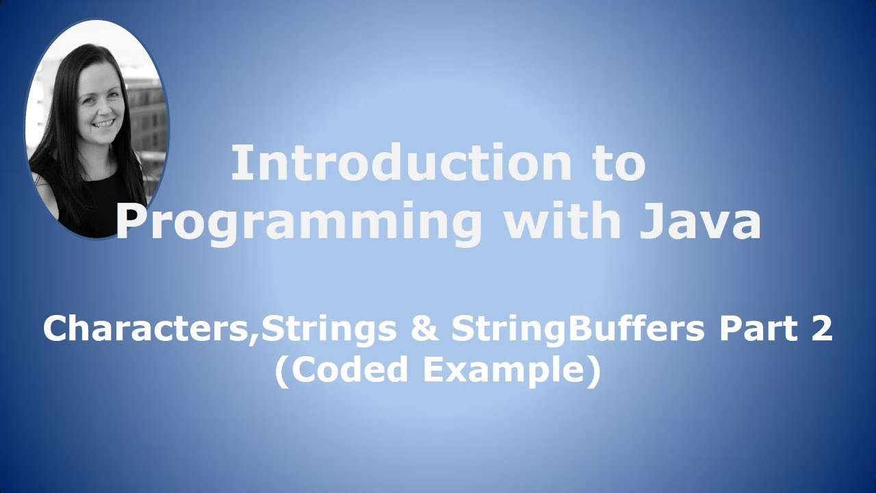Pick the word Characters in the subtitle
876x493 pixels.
click(x=149, y=329)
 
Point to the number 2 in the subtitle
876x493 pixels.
click(x=821, y=329)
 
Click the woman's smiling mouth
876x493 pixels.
click(x=105, y=124)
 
